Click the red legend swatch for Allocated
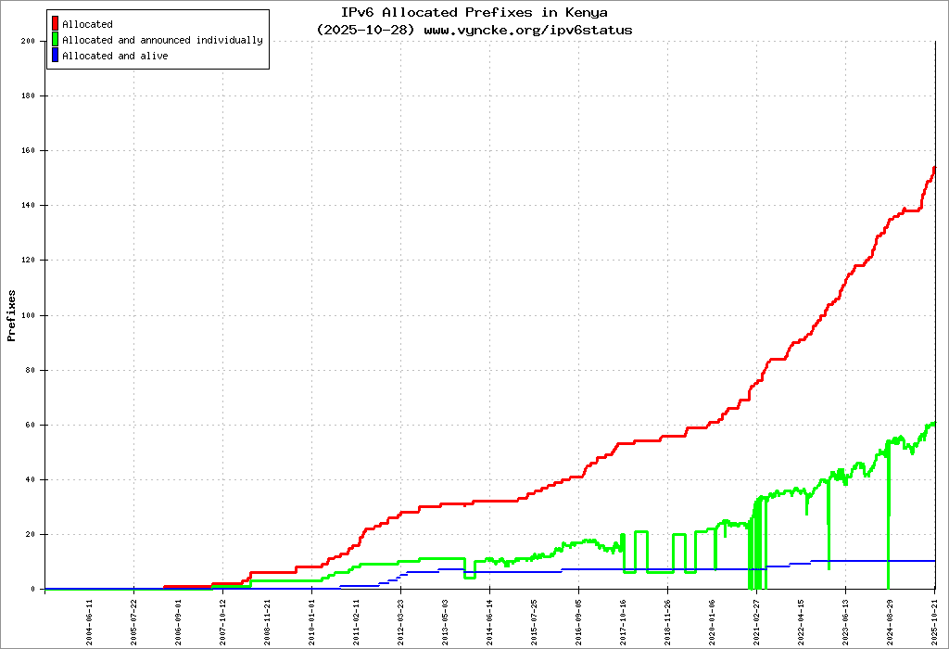[x=56, y=24]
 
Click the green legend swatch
[x=56, y=40]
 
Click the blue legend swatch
[x=56, y=56]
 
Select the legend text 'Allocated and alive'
[x=115, y=56]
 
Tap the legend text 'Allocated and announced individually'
[x=162, y=40]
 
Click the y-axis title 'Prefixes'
[x=12, y=315]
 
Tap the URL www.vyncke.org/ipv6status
[x=528, y=30]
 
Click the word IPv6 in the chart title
[x=360, y=12]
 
